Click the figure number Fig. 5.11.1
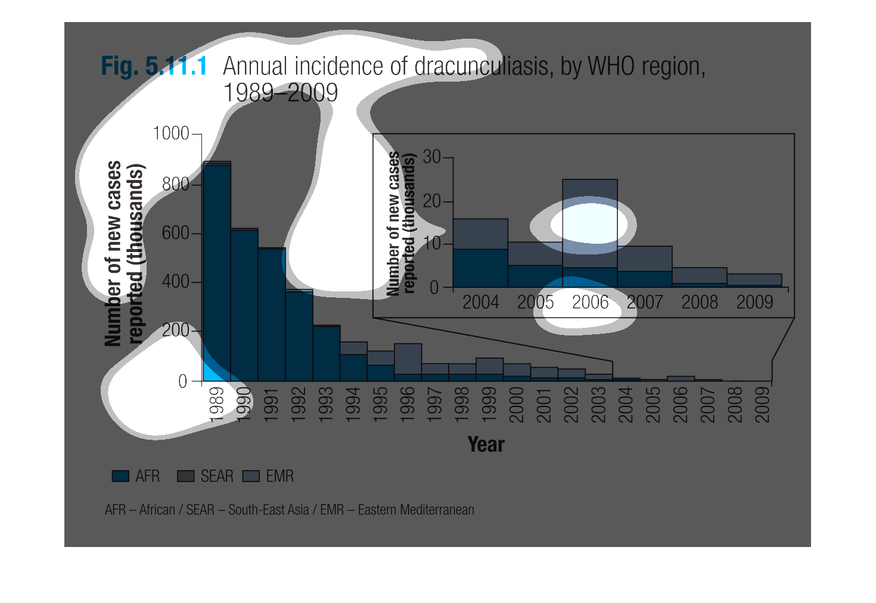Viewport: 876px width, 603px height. coord(154,66)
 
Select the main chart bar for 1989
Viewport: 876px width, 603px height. coord(217,271)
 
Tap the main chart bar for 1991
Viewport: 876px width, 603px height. coord(272,314)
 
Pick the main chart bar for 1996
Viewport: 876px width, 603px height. coord(408,362)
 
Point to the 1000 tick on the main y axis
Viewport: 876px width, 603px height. coord(172,133)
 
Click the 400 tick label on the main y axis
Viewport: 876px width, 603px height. coord(176,282)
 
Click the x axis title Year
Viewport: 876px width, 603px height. coord(486,445)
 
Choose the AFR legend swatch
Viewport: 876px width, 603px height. coord(120,476)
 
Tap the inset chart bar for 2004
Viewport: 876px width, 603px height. coord(480,253)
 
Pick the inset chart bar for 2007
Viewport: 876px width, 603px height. coord(645,267)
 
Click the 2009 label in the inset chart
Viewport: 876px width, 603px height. coord(754,303)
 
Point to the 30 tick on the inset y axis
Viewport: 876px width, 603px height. coord(432,157)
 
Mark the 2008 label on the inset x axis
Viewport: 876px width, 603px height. coord(700,303)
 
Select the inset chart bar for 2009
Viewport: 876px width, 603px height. coord(754,280)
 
